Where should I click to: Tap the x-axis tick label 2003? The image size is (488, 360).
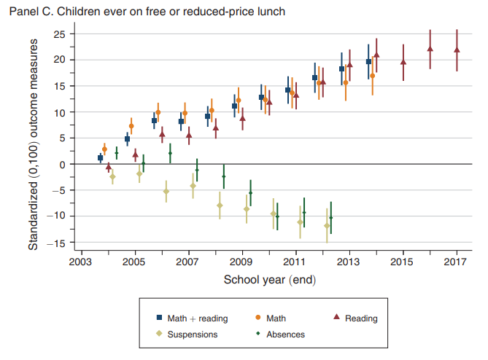pyautogui.click(x=82, y=261)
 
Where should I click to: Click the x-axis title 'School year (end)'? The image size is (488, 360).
pyautogui.click(x=268, y=279)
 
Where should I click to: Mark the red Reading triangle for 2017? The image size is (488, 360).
pyautogui.click(x=457, y=50)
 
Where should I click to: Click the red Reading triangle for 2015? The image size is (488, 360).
pyautogui.click(x=403, y=62)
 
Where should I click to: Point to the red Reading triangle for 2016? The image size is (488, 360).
pyautogui.click(x=430, y=49)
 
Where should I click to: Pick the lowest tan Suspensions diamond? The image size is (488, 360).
pyautogui.click(x=327, y=226)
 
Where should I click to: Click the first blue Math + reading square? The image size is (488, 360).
pyautogui.click(x=100, y=157)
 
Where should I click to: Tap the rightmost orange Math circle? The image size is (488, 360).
pyautogui.click(x=372, y=76)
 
